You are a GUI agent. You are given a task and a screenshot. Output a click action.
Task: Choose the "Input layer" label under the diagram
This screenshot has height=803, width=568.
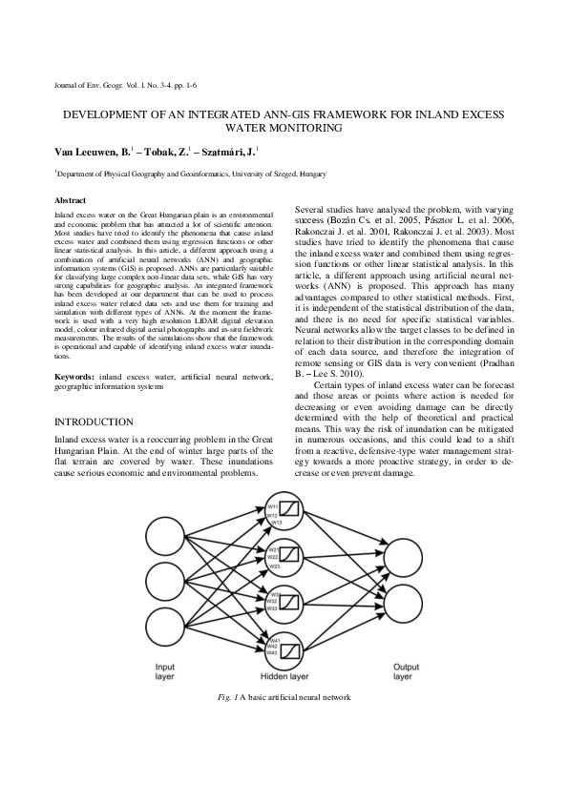point(165,671)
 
